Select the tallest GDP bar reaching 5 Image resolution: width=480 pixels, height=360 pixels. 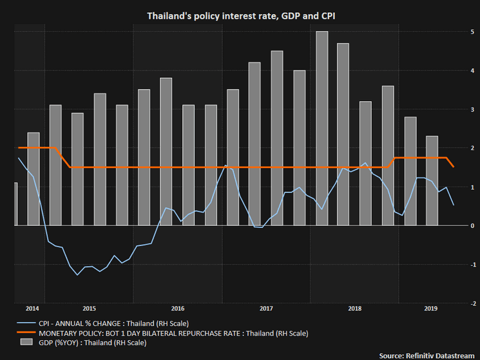(x=322, y=128)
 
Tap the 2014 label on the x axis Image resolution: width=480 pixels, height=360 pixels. (x=33, y=308)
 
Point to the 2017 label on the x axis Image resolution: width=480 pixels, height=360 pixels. (x=266, y=308)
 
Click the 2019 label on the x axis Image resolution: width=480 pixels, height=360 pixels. (x=432, y=308)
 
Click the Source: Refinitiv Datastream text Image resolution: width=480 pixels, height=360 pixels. (x=427, y=355)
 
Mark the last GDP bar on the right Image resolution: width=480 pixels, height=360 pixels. (x=432, y=180)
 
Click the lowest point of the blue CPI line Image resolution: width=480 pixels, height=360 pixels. (x=78, y=275)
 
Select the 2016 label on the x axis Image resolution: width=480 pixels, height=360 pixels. (x=178, y=308)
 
